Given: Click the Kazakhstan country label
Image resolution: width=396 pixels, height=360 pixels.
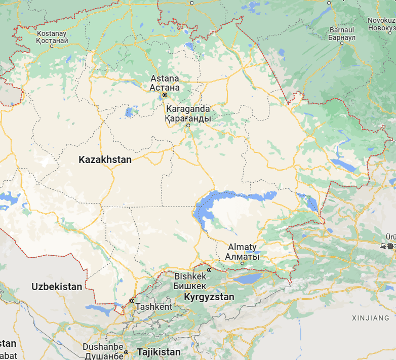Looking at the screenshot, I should click(x=105, y=159).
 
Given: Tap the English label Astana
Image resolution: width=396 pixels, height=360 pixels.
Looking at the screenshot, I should click(x=165, y=78).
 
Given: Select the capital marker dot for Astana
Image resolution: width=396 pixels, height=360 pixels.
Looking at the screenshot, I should click(x=165, y=95).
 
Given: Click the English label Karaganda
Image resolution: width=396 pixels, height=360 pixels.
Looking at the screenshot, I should click(x=187, y=109).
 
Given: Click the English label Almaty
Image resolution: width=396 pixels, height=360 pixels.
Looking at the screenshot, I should click(x=242, y=247).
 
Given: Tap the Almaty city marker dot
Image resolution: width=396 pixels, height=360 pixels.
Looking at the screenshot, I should click(x=242, y=263).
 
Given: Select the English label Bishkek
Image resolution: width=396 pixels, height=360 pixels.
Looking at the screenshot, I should click(x=190, y=276).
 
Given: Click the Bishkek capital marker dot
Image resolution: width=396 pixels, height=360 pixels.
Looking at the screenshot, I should click(x=209, y=270).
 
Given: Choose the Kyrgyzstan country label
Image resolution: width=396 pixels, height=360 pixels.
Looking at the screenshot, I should click(x=209, y=297).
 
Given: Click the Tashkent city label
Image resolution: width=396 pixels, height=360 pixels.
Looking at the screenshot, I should click(x=154, y=307).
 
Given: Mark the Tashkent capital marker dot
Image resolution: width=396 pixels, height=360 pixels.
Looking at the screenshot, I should click(x=132, y=301).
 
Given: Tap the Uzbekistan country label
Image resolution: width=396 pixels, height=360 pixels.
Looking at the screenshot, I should click(x=57, y=287).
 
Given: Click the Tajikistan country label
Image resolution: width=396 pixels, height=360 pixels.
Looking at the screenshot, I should click(x=159, y=352).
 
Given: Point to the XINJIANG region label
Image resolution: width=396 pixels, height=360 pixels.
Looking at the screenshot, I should click(x=371, y=318).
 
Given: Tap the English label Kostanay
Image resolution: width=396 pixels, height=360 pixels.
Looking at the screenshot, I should click(x=52, y=33).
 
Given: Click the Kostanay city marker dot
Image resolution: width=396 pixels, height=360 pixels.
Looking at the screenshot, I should click(x=52, y=46).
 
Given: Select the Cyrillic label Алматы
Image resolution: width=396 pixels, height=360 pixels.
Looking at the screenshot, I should click(x=242, y=257).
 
